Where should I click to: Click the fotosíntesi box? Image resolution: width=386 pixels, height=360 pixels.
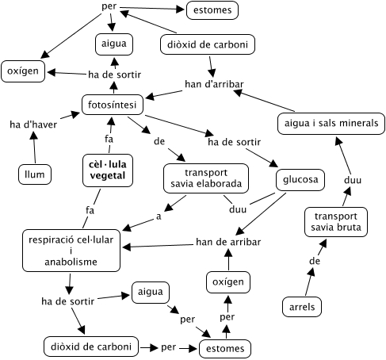point(111,104)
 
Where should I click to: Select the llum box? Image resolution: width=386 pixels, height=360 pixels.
point(34,173)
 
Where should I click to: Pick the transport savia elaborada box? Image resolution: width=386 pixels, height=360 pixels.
point(205,178)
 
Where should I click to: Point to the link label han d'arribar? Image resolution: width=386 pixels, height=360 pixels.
point(214,83)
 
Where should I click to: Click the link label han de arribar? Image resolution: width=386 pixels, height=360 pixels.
point(229,241)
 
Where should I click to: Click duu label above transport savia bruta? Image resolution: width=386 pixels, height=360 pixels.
point(352,180)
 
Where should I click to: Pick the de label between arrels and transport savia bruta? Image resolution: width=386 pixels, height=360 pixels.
point(314,260)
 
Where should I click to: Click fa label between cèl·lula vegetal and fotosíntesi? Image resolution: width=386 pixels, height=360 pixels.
point(109,138)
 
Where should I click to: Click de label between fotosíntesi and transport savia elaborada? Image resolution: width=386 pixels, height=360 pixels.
point(159,141)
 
